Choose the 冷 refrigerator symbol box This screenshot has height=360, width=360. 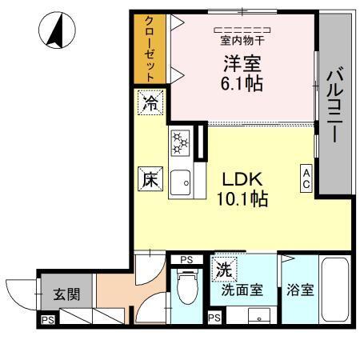pyautogui.click(x=150, y=102)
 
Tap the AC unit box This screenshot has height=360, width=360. pyautogui.click(x=306, y=178)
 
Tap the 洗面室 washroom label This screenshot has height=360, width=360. pyautogui.click(x=242, y=290)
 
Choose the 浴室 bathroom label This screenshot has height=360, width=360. pyautogui.click(x=300, y=290)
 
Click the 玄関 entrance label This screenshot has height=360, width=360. pyautogui.click(x=66, y=294)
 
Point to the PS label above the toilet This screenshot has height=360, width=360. pyautogui.click(x=186, y=259)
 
